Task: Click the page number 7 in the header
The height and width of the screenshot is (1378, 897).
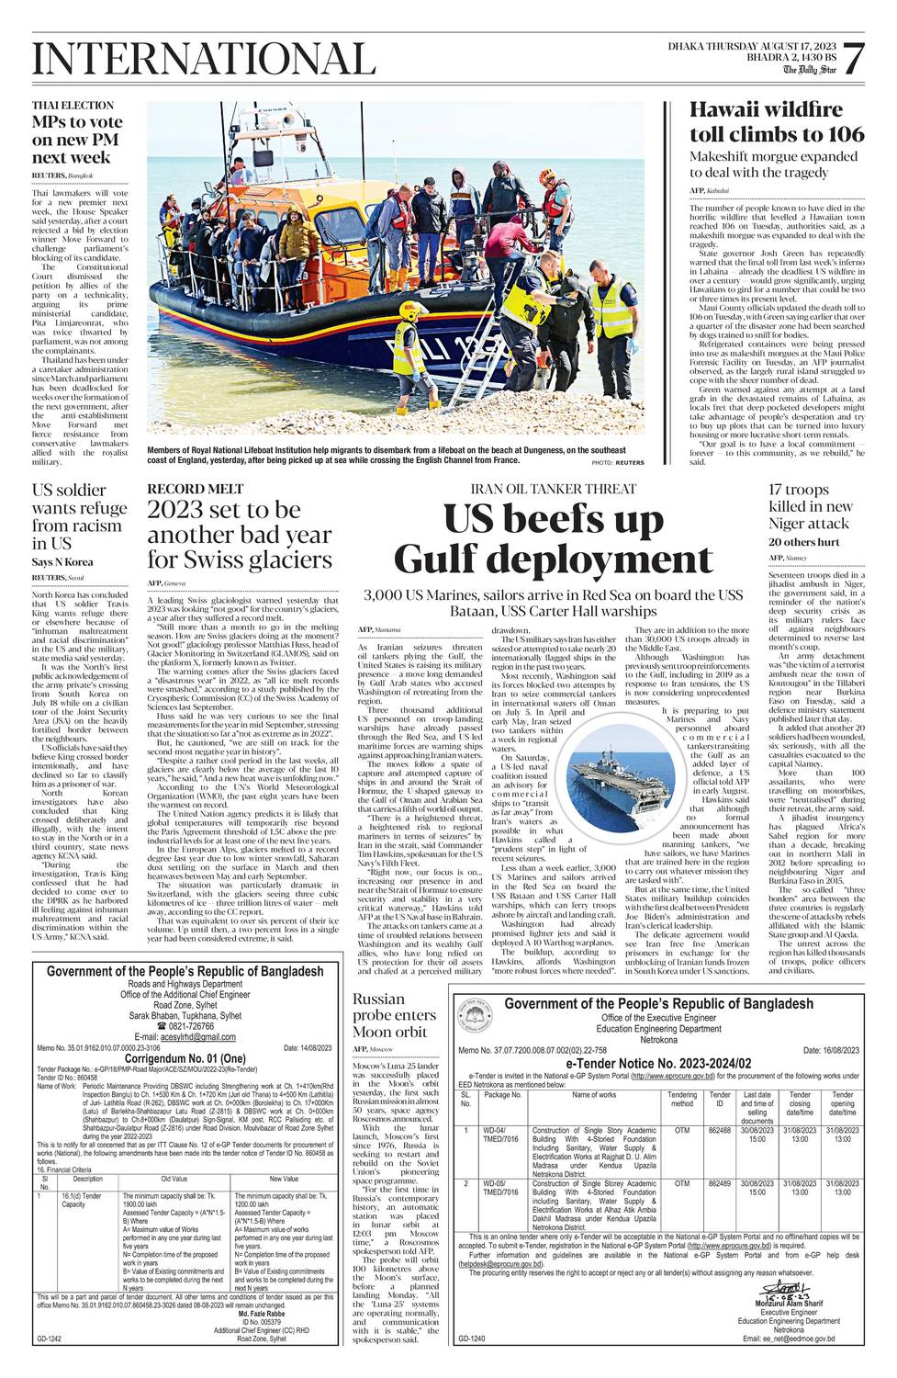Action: pos(853,60)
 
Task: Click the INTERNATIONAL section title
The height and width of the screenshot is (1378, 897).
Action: pos(204,60)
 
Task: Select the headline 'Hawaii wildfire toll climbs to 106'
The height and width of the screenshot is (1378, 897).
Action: pos(776,122)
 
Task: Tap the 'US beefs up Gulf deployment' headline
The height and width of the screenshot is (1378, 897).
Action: pos(554,539)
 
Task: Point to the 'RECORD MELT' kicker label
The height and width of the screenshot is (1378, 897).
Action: pos(196,489)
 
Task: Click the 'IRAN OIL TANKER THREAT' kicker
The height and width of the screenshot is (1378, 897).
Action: pos(553,489)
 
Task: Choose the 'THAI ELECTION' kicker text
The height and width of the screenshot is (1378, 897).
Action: pos(73,106)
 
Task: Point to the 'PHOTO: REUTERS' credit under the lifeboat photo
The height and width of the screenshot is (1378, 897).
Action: pos(618,463)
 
